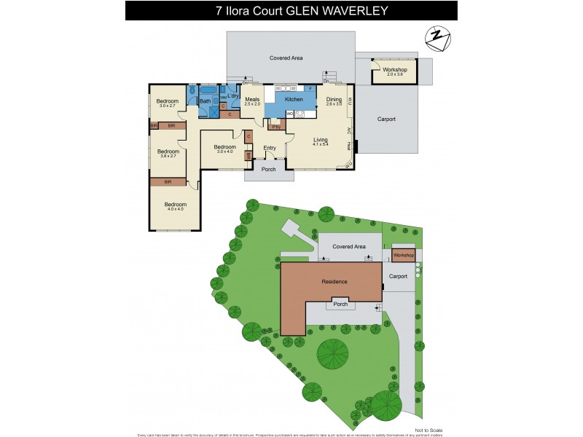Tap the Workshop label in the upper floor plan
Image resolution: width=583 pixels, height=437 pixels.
pyautogui.click(x=394, y=69)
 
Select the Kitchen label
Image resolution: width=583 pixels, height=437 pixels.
pyautogui.click(x=294, y=99)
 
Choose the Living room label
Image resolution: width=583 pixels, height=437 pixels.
pyautogui.click(x=321, y=139)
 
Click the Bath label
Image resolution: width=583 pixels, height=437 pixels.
pyautogui.click(x=206, y=101)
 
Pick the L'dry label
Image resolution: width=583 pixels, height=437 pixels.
pyautogui.click(x=234, y=96)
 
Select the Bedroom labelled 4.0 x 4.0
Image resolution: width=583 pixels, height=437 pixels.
pyautogui.click(x=176, y=205)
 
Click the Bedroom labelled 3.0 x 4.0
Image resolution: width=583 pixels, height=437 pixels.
pyautogui.click(x=224, y=147)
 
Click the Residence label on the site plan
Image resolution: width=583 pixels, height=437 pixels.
pyautogui.click(x=334, y=281)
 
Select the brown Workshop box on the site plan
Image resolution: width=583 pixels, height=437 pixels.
pyautogui.click(x=403, y=256)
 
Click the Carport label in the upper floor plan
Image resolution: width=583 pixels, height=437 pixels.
pyautogui.click(x=386, y=119)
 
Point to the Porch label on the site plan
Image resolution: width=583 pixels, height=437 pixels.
pyautogui.click(x=340, y=304)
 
